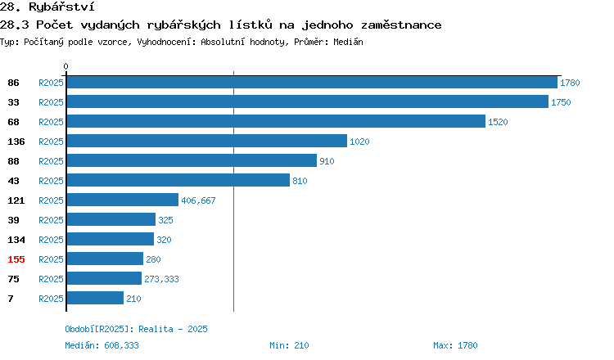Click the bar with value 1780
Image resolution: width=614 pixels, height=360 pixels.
pos(312,82)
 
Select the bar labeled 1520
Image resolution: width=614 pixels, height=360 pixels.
pos(276,121)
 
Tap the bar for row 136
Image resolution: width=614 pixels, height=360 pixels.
pos(207,141)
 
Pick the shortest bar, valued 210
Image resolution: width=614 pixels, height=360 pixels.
pos(95,298)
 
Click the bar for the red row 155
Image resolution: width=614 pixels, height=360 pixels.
pos(105,259)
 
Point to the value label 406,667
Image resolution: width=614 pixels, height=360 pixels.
pos(198,200)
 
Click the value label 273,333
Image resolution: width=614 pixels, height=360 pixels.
pos(161,279)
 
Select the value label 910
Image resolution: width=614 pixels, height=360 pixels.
pos(327,161)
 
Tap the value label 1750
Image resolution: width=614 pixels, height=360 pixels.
pos(561,102)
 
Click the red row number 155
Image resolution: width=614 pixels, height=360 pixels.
pos(16,259)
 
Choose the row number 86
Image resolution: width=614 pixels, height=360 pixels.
pos(13,83)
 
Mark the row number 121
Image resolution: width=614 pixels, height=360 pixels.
pos(16,200)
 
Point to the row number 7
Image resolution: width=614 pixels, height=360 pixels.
pos(11,299)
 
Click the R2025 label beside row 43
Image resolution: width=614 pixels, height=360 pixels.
pos(51,181)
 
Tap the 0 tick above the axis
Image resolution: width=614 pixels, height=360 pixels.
pos(65,66)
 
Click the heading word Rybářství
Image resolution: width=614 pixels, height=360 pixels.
pos(61,7)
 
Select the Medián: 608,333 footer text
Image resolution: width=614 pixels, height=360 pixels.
pos(102,345)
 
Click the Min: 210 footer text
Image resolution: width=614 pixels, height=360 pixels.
pos(289,345)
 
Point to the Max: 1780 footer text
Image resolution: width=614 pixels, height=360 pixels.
pos(455,345)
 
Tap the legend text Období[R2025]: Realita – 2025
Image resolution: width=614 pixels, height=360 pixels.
pos(136,329)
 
